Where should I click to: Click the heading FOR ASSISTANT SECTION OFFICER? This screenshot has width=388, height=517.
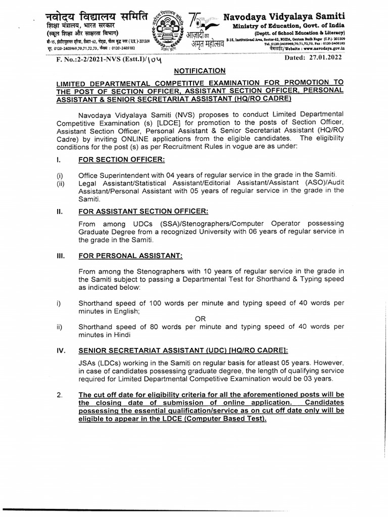click(x=143, y=211)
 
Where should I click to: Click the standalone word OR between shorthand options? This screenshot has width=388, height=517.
click(x=201, y=319)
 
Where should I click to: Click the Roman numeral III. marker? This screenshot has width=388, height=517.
click(x=60, y=256)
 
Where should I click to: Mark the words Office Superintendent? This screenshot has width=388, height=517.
click(x=111, y=174)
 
